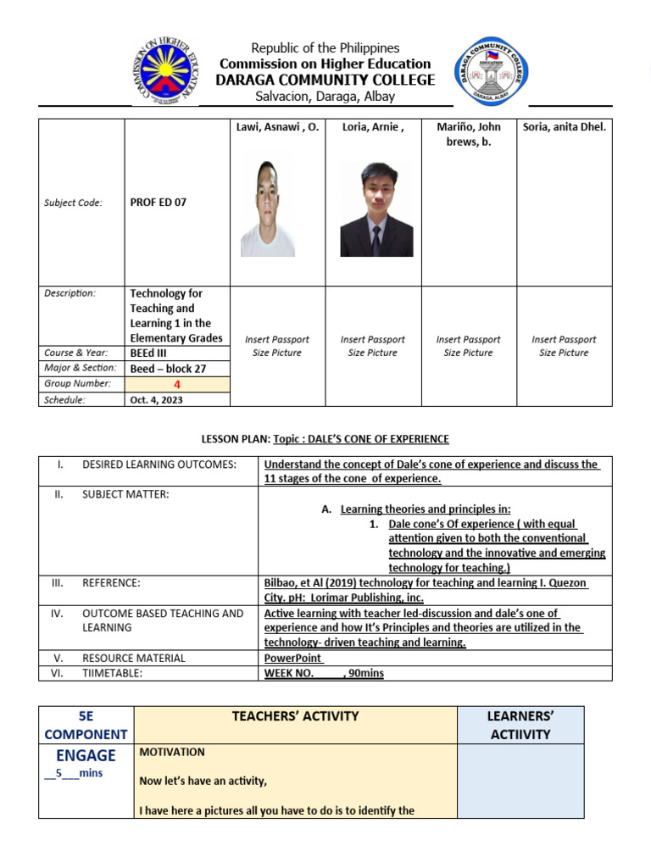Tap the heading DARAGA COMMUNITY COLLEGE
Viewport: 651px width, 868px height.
(325, 80)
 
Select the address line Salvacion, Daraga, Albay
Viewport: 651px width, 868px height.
(325, 96)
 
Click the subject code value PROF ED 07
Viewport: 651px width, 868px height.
(159, 203)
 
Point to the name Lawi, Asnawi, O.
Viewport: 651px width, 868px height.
(277, 127)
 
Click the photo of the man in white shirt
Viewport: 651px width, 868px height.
(268, 209)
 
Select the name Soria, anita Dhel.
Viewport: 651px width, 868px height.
(565, 127)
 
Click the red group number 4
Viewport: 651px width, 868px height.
(177, 384)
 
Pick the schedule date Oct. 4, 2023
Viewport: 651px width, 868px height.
(156, 399)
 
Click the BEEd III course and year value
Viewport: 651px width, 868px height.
(148, 353)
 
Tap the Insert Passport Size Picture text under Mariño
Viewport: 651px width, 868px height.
(469, 346)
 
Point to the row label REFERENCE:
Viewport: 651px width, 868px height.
(111, 583)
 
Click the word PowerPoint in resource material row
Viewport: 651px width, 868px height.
(293, 658)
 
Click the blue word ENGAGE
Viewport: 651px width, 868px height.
(86, 755)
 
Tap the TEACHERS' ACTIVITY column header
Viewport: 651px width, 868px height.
(295, 716)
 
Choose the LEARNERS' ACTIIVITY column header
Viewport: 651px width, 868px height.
(520, 725)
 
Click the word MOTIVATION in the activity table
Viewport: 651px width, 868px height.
(172, 752)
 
